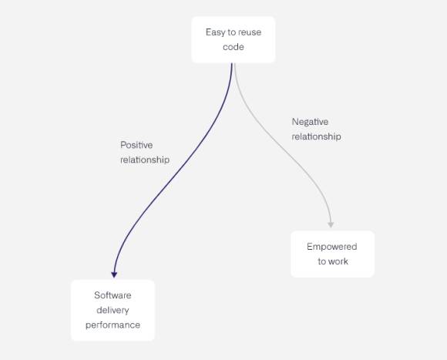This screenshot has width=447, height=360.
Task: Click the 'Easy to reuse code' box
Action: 234,39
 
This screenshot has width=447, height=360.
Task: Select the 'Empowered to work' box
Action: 332,254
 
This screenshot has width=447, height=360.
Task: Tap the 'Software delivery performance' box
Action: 113,310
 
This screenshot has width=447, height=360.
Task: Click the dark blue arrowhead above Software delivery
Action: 114,274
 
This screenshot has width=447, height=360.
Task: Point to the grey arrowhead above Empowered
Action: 331,224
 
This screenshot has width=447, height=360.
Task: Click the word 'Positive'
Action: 136,145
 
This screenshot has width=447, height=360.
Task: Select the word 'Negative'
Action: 310,122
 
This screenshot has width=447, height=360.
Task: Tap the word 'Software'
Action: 113,295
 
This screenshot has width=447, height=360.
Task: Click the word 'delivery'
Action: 113,310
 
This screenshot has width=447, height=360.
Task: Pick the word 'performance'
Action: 113,325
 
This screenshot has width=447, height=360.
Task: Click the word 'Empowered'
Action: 332,247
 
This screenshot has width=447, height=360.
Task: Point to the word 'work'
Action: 338,261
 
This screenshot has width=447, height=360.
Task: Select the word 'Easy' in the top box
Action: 215,32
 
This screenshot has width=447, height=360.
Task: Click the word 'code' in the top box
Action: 234,47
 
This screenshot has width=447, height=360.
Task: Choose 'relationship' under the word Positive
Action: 145,160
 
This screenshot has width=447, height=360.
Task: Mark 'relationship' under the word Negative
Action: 316,136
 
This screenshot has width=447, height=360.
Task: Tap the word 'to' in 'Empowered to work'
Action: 321,261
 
